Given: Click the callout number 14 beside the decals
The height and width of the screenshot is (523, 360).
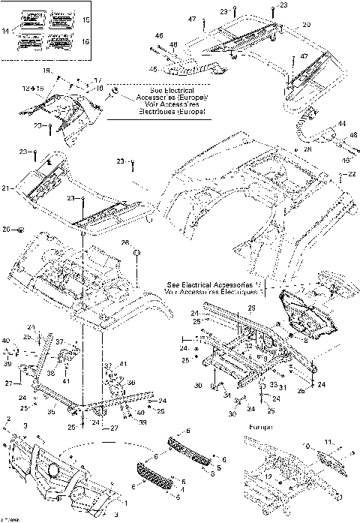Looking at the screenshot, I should [x=7, y=31].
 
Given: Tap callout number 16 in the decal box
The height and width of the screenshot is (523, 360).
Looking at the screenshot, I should [x=85, y=42].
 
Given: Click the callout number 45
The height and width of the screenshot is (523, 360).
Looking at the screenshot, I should [x=154, y=71].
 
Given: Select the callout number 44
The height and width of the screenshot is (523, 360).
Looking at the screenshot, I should [x=341, y=123].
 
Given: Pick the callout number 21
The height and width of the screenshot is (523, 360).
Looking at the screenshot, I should [x=7, y=188].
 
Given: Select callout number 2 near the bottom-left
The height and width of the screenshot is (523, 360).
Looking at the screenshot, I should [x=9, y=418].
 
